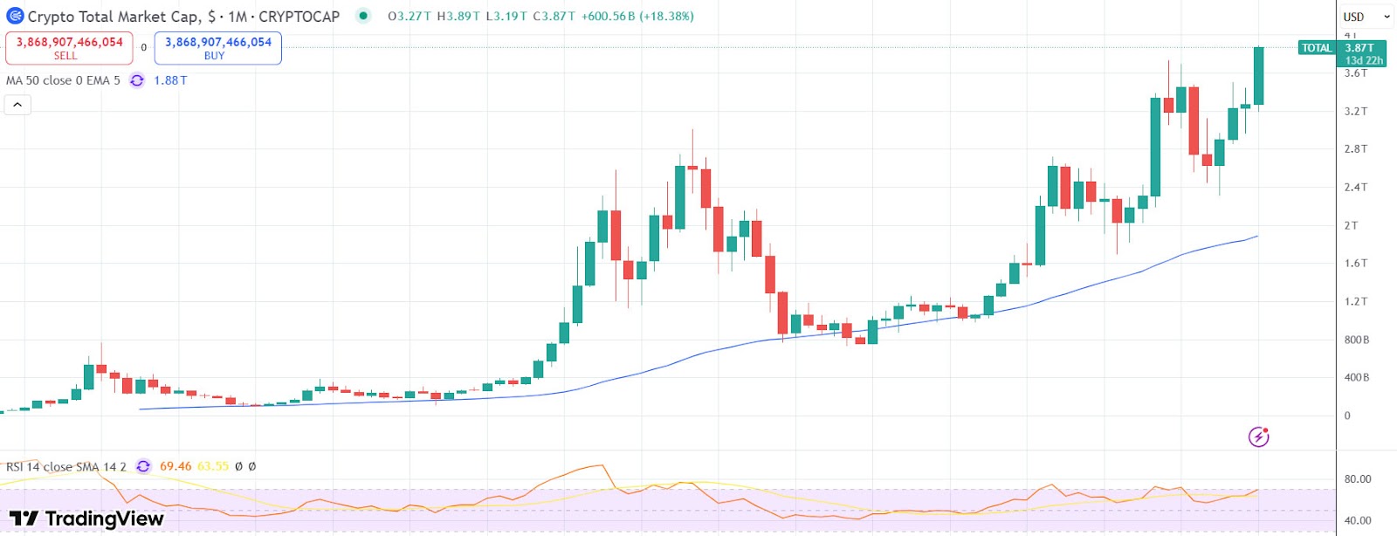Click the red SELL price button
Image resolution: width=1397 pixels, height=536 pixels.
tap(69, 48)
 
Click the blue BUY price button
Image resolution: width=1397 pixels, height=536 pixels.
tap(217, 48)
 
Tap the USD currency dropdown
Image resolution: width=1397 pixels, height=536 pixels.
tap(1366, 17)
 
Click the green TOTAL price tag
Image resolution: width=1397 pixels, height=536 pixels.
tap(1316, 48)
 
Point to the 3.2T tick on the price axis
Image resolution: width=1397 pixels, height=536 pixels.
tap(1355, 111)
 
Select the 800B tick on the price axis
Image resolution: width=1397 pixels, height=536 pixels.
tap(1356, 340)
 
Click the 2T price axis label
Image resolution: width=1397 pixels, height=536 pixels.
tap(1351, 225)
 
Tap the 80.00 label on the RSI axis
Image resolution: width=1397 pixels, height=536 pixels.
tap(1357, 479)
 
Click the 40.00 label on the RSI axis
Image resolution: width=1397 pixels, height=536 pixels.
tap(1357, 520)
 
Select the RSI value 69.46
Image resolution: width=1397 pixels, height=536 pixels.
tap(175, 466)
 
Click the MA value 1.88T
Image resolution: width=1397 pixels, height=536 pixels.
tap(170, 80)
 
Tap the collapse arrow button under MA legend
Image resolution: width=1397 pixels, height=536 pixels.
tap(17, 105)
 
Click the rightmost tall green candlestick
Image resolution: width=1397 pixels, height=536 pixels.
tap(1258, 76)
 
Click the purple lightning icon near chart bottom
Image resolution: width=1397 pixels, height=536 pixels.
tap(1258, 436)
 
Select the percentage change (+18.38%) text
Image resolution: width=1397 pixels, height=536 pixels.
tap(666, 17)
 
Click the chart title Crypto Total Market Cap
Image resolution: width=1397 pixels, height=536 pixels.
tap(114, 17)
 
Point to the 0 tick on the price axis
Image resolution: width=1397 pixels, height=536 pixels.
tap(1347, 416)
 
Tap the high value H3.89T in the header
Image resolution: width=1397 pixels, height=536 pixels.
tap(458, 17)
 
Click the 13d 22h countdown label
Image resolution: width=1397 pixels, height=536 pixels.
tap(1364, 60)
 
